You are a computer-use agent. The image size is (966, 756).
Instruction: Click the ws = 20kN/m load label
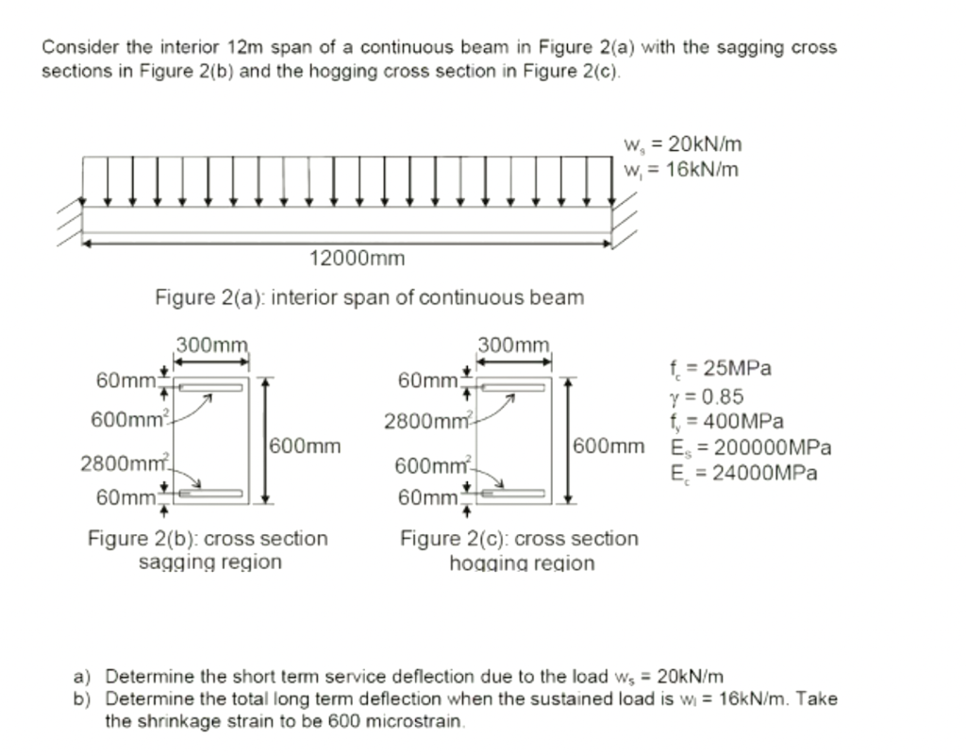pos(682,144)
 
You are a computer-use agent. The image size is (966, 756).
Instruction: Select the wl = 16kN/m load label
pos(681,170)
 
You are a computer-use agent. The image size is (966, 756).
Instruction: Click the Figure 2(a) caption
pos(369,298)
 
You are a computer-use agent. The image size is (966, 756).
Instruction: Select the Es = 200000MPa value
pos(750,447)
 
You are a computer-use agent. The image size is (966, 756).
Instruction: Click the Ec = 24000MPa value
pos(743,473)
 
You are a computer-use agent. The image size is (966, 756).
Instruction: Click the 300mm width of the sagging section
pos(212,345)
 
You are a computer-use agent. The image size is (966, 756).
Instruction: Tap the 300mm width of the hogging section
pos(514,345)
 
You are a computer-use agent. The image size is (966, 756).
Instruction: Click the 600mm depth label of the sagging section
pos(305,445)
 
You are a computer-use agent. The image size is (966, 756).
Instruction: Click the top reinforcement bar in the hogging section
pos(514,387)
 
